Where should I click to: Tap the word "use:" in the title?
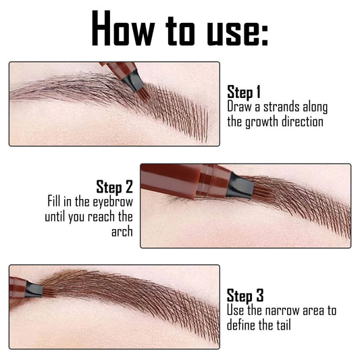237,29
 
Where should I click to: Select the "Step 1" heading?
244,93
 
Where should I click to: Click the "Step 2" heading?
115,186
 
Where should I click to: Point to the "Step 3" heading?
244,294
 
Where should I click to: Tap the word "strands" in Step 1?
284,107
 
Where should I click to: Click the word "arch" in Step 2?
122,232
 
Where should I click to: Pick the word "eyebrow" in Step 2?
113,202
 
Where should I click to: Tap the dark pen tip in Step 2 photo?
239,183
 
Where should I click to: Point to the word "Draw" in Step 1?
239,107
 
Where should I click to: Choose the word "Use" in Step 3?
236,309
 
